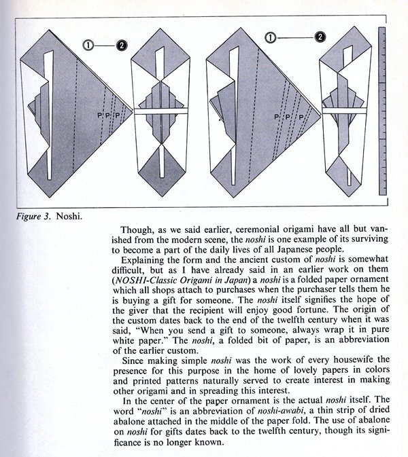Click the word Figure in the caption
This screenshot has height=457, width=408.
pos(29,217)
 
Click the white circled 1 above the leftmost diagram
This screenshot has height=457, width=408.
pos(88,45)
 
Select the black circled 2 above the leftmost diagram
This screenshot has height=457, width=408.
pos(121,45)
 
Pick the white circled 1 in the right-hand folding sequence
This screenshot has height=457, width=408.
pos(271,37)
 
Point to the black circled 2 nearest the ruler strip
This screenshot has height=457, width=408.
pos(320,37)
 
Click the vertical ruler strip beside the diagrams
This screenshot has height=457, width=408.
pos(382,111)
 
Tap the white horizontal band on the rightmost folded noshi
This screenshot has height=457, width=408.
pos(344,111)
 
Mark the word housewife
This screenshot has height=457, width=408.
pos(353,360)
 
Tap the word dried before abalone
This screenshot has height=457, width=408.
pos(377,410)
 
